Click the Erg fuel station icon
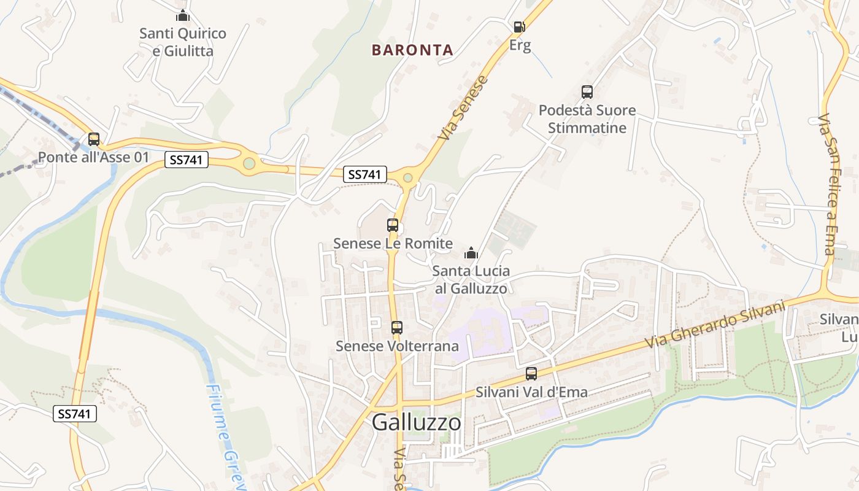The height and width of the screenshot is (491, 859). tap(519, 27)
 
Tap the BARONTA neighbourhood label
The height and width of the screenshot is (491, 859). tap(412, 50)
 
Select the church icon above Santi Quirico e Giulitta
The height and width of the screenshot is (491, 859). tap(182, 16)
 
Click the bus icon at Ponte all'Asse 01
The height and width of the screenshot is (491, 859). tap(94, 139)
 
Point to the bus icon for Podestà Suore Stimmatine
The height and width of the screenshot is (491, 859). tap(587, 93)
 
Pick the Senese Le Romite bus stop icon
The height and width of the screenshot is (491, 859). tap(393, 225)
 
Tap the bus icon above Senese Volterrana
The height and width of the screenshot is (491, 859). tap(397, 328)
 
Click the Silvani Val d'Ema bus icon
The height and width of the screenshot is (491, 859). tap(531, 374)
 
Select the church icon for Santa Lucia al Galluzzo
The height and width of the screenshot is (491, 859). tap(471, 253)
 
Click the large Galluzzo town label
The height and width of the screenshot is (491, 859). tap(417, 422)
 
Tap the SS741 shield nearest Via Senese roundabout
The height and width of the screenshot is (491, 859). tap(365, 174)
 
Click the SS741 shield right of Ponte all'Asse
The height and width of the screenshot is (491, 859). tap(187, 160)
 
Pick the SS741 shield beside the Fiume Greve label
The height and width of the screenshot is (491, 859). tap(75, 414)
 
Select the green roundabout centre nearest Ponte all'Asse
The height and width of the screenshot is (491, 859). tap(248, 163)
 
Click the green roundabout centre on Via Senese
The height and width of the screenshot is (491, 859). tap(407, 178)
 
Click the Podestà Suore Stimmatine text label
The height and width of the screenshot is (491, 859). tap(587, 119)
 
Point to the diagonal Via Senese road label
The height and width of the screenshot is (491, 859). tap(464, 107)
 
